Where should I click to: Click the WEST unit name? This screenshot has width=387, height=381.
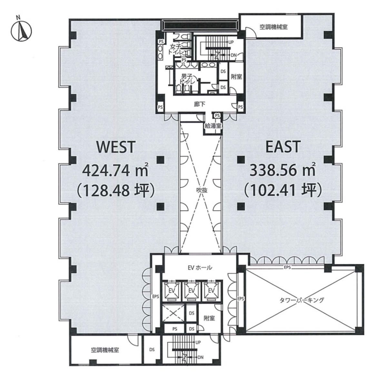(116, 147)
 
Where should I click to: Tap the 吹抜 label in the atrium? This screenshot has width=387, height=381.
(202, 190)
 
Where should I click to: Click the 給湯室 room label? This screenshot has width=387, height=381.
(213, 126)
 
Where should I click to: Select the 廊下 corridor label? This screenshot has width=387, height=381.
(200, 104)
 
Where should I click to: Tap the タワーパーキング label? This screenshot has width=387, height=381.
(302, 300)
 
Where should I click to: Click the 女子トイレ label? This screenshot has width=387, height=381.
(176, 50)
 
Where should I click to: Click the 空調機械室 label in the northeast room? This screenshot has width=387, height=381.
(273, 27)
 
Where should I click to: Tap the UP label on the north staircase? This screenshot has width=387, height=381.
(231, 42)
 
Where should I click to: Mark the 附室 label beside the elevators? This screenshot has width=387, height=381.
(209, 318)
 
